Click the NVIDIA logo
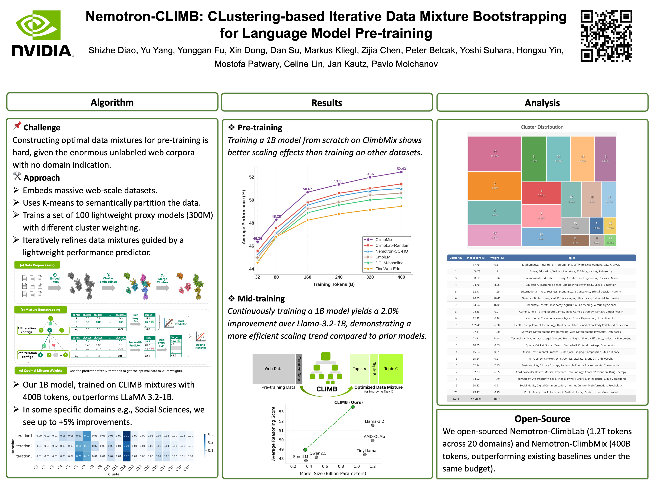point(43,34)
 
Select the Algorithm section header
point(112,102)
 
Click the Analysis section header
point(542,103)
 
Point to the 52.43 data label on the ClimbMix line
point(401,169)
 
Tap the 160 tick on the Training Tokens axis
point(307,277)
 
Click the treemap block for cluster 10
point(495,154)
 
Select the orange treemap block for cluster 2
point(495,186)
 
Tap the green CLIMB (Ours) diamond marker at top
point(353,407)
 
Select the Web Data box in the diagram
point(273,369)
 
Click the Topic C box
point(391,369)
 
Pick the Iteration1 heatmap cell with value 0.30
point(126,436)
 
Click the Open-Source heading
point(542,419)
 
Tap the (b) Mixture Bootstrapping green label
point(40,310)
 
